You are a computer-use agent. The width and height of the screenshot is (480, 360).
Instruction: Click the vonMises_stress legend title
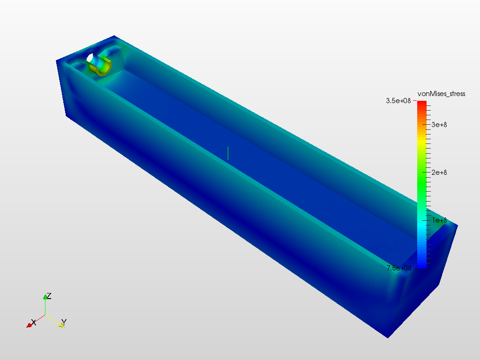click(441, 94)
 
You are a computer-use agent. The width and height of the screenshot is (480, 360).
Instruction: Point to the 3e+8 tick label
click(439, 124)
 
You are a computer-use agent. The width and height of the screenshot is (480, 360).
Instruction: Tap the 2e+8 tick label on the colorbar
click(439, 172)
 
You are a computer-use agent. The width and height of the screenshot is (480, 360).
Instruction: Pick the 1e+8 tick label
click(439, 220)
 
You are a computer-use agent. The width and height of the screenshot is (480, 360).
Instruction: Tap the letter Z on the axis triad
click(49, 296)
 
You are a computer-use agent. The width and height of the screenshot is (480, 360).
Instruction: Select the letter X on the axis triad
click(33, 322)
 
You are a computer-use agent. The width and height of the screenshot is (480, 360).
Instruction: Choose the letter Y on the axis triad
click(64, 322)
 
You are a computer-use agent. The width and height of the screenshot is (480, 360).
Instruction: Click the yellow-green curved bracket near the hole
click(103, 68)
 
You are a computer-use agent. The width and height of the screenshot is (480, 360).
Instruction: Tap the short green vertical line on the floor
click(228, 153)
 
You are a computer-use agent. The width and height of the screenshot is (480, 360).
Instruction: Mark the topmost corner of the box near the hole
click(114, 36)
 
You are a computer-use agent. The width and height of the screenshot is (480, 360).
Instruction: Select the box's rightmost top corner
click(457, 225)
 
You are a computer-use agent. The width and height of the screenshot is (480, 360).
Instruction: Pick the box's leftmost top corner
click(57, 60)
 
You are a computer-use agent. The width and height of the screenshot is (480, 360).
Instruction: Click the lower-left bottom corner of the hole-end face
click(65, 115)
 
